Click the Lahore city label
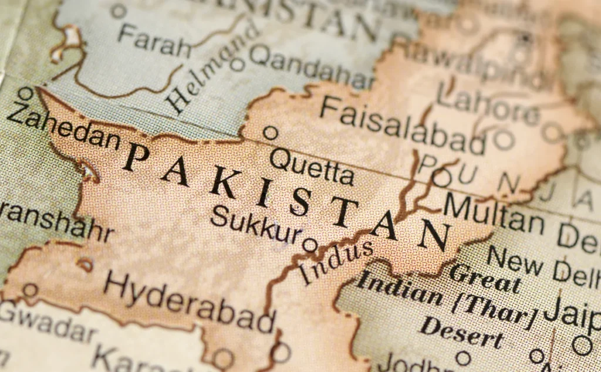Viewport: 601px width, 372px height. coord(487,106)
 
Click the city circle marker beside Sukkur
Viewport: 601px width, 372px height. coord(309,245)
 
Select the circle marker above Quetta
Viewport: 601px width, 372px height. coord(270,133)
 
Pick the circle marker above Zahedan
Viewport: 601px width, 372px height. coord(25,93)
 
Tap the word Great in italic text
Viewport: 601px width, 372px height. coord(485,278)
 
